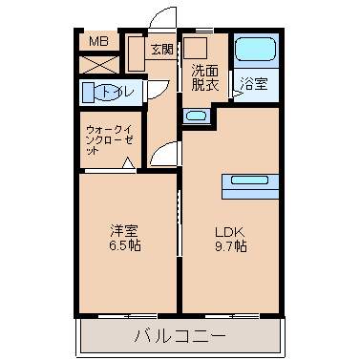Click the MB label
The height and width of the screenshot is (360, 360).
click(x=98, y=41)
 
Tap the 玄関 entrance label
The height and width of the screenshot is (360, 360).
click(x=162, y=49)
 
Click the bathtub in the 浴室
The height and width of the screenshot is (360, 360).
click(x=255, y=49)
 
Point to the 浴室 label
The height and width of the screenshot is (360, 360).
click(x=254, y=84)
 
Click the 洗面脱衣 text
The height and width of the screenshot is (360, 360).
click(x=205, y=77)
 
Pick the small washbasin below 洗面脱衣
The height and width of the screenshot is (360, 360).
click(x=197, y=116)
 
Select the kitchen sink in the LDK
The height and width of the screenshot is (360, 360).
click(x=249, y=180)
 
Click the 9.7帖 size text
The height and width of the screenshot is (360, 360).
click(x=231, y=246)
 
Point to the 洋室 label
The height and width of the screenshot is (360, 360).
click(x=124, y=231)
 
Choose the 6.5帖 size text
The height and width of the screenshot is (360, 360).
click(x=125, y=245)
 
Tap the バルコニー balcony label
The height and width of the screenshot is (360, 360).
click(x=180, y=336)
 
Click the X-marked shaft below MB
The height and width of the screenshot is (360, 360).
click(x=98, y=65)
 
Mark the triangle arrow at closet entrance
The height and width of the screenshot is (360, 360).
click(x=128, y=162)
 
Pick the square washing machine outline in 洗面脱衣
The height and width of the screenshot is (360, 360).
click(x=196, y=48)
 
